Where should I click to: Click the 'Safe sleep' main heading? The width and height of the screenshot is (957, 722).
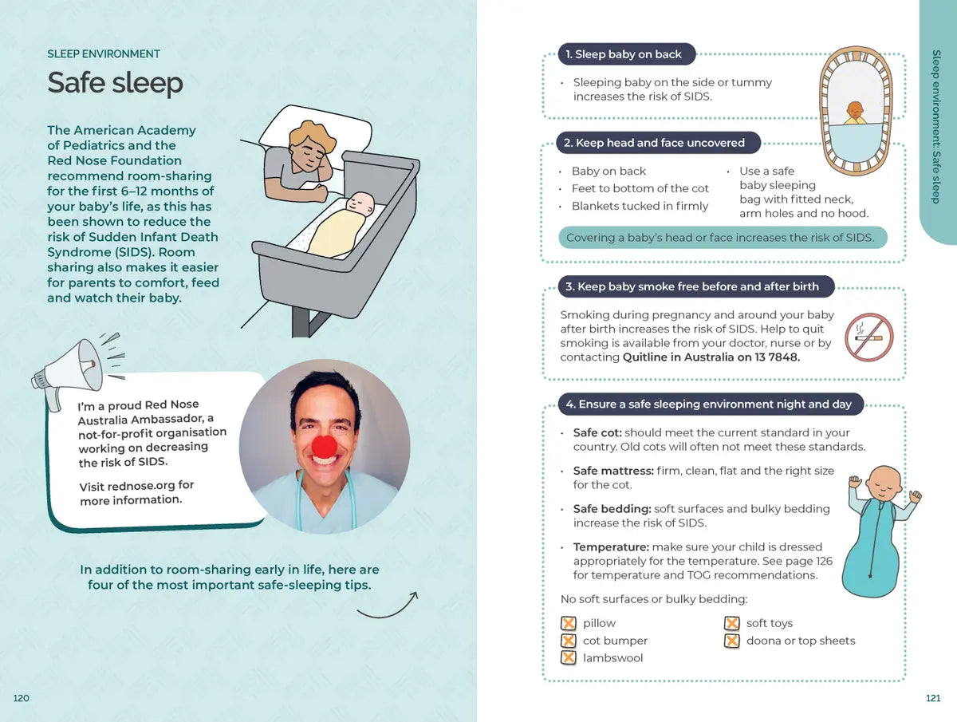point(115,83)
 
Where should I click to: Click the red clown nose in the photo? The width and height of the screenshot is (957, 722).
point(324,448)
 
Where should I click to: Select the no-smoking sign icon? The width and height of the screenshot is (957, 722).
point(868,337)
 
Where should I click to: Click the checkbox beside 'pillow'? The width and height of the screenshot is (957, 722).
point(569,623)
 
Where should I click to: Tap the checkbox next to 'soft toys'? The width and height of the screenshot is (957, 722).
point(731,623)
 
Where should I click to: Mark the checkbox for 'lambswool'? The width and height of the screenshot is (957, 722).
point(569,658)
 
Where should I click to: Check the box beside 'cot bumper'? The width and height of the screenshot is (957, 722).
point(569,641)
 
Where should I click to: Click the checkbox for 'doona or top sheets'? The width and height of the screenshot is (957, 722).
point(731,641)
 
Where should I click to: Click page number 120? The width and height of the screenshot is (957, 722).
point(22,698)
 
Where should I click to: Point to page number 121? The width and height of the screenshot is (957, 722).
point(933,698)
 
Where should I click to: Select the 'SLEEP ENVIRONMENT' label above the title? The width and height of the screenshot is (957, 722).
point(104,54)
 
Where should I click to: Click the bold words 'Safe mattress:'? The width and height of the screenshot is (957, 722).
point(612,471)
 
